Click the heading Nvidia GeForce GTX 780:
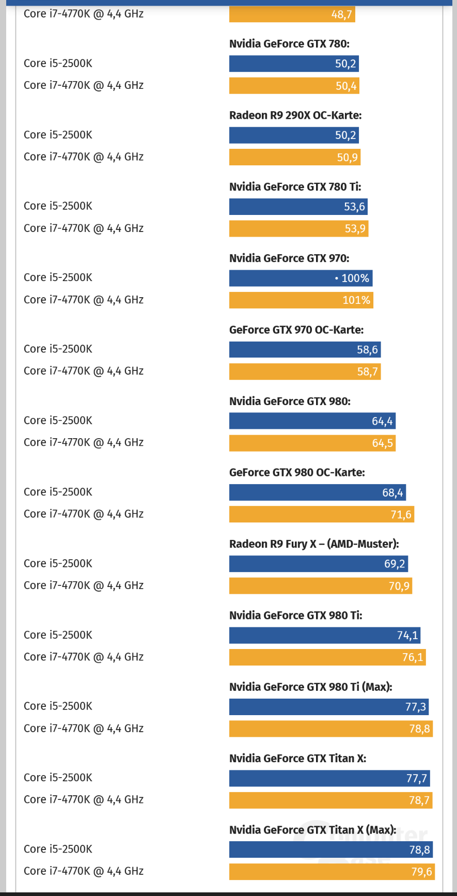(x=289, y=44)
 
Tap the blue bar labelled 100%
(x=301, y=278)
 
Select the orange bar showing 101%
(x=301, y=300)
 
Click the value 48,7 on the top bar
(x=341, y=14)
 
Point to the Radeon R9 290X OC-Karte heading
(x=295, y=115)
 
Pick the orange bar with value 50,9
(x=294, y=157)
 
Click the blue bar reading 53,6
(x=298, y=207)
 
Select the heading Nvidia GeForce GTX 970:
(x=289, y=258)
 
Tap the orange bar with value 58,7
(x=305, y=372)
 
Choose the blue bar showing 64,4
(x=312, y=421)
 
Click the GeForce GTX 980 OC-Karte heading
(x=297, y=472)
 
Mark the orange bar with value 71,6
(x=321, y=514)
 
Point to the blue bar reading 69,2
(x=318, y=564)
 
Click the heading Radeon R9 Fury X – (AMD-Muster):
(x=314, y=544)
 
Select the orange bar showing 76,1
(x=327, y=657)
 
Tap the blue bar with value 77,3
(x=328, y=707)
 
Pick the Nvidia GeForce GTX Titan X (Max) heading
(x=313, y=830)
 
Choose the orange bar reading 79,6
(x=332, y=872)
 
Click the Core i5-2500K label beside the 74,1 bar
(x=58, y=635)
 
